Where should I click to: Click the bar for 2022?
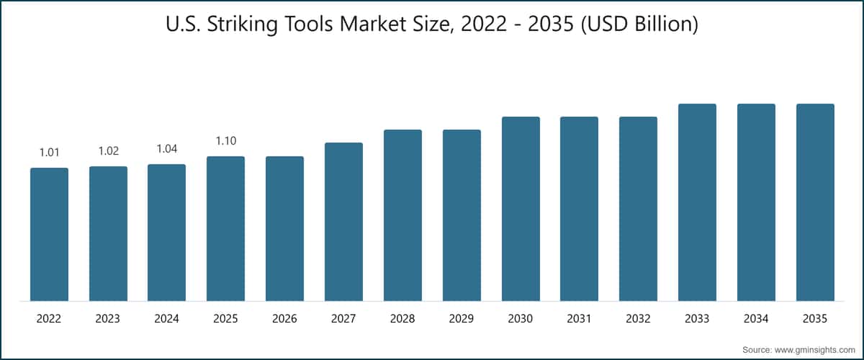click(x=49, y=234)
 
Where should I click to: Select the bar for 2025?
click(x=225, y=228)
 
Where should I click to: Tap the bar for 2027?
click(x=343, y=222)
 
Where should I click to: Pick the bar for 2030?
click(x=521, y=209)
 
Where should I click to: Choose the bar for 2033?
click(x=697, y=202)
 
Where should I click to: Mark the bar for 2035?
click(x=815, y=202)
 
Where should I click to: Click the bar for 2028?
click(x=402, y=215)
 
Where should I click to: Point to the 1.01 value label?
click(x=49, y=152)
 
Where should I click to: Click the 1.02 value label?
click(x=108, y=150)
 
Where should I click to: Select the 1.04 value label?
click(x=166, y=148)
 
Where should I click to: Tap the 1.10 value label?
click(x=225, y=140)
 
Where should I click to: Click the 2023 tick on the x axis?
click(x=108, y=318)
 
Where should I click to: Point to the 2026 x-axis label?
click(x=284, y=318)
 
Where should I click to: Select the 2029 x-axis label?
click(x=462, y=318)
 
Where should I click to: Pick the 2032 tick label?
click(x=638, y=318)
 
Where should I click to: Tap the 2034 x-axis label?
click(x=756, y=318)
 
